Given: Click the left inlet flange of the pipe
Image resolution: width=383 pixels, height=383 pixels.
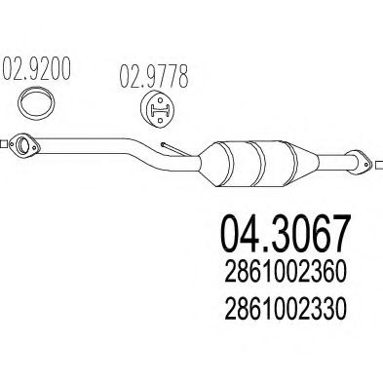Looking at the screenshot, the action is (x=21, y=148).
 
